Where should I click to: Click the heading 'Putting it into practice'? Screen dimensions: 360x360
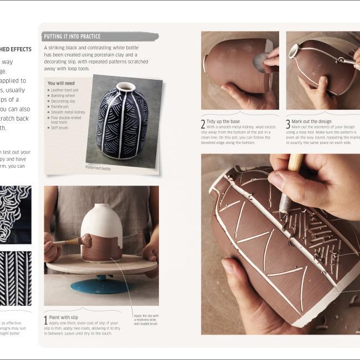tap(72, 37)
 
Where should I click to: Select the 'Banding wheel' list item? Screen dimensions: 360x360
tap(63, 95)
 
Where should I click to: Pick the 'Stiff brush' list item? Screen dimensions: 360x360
tap(60, 128)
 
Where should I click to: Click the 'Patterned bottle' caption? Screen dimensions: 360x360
tap(98, 167)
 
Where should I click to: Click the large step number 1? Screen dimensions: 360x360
tap(45, 320)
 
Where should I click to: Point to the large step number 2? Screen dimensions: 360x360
tap(203, 124)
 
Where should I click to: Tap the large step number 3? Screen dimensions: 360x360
tap(288, 124)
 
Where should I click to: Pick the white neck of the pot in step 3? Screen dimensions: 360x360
tap(294, 51)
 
